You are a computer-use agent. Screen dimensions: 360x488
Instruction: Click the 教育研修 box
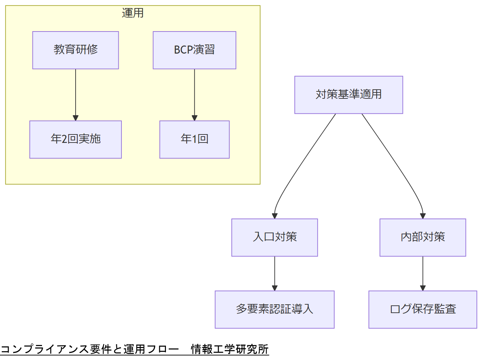pyautogui.click(x=76, y=50)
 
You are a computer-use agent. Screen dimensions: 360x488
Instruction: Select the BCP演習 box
pyautogui.click(x=194, y=50)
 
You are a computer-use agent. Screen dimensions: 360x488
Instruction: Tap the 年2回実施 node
pyautogui.click(x=76, y=139)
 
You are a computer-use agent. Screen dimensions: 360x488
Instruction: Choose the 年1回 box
pyautogui.click(x=194, y=139)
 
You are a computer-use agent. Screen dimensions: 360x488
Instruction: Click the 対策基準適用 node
pyautogui.click(x=349, y=95)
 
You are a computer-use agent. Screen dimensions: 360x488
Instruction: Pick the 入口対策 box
pyautogui.click(x=274, y=237)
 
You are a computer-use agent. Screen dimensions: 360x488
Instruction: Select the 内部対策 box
pyautogui.click(x=423, y=237)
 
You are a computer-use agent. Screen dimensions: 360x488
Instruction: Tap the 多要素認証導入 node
pyautogui.click(x=274, y=309)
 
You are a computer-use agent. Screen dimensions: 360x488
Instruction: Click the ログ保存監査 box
pyautogui.click(x=423, y=309)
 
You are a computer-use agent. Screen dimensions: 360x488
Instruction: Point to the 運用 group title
pyautogui.click(x=133, y=13)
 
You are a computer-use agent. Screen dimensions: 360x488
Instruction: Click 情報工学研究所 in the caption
pyautogui.click(x=230, y=349)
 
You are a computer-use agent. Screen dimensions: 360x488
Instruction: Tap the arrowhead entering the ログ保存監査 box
pyautogui.click(x=423, y=288)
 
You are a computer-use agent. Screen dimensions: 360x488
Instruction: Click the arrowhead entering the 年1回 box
pyautogui.click(x=195, y=118)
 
